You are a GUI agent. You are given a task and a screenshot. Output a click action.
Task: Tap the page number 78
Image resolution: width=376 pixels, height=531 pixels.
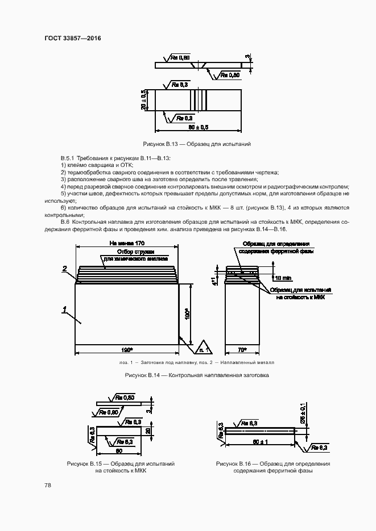coord(47,485)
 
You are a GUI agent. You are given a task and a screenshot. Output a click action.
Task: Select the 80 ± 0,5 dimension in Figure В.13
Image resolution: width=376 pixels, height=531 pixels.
coord(199,127)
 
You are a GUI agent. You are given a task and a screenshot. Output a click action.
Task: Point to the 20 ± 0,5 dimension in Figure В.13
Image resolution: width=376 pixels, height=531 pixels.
coord(144,101)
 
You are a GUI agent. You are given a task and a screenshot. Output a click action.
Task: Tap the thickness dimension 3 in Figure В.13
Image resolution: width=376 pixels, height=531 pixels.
coord(247,57)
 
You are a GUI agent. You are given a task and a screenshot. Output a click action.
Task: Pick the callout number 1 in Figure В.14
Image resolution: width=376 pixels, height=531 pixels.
coord(65,309)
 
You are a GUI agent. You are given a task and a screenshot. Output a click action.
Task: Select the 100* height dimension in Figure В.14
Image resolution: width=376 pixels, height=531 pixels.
coord(187,315)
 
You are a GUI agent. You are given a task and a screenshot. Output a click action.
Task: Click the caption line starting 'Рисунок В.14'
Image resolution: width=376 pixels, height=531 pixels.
coord(188,375)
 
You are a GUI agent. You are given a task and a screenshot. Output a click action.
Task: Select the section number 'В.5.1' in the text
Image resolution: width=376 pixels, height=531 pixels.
coord(68,157)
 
